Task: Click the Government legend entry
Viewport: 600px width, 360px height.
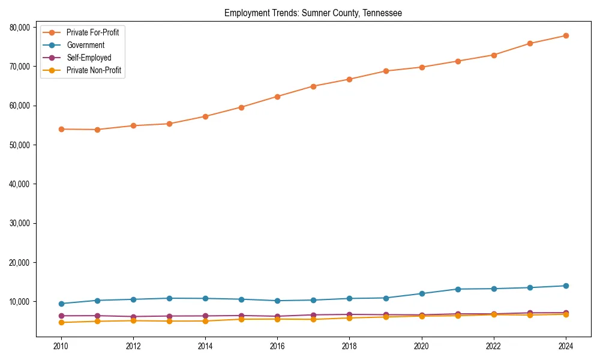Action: [85, 45]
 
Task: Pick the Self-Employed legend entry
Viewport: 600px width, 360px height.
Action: [89, 58]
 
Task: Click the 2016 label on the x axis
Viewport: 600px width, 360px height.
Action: [277, 346]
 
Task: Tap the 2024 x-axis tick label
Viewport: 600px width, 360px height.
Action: [565, 346]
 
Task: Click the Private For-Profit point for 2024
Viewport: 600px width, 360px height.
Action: [565, 35]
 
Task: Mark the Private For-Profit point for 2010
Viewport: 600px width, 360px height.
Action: [61, 129]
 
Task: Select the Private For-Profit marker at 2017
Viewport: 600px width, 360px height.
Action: [313, 86]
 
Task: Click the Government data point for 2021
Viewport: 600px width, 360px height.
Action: [457, 289]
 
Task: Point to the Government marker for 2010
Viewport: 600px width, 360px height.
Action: [61, 304]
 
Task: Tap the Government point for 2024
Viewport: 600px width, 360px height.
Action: [565, 286]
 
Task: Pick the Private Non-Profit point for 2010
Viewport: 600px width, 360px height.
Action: [61, 323]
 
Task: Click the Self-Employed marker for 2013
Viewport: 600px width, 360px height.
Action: [169, 316]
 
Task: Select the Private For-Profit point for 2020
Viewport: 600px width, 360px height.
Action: [421, 67]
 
